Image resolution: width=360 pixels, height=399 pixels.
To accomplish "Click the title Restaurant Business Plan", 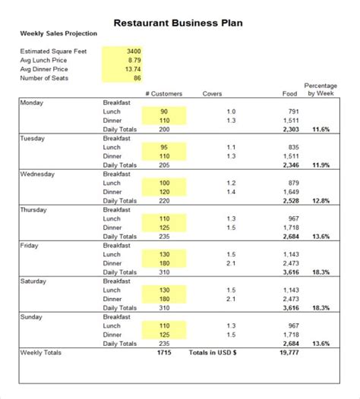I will click(178, 22).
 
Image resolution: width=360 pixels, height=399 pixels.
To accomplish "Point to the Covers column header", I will click(213, 94).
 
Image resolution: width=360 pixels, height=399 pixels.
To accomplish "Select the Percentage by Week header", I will click(321, 90).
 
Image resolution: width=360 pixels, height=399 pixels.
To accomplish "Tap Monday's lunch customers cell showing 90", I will click(163, 112).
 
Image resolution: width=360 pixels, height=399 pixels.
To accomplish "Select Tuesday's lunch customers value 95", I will click(163, 147).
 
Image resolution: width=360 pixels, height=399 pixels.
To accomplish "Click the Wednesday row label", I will click(37, 174).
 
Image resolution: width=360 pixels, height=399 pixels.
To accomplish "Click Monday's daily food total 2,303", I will click(291, 129).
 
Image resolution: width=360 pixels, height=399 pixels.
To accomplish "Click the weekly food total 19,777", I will click(289, 353).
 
